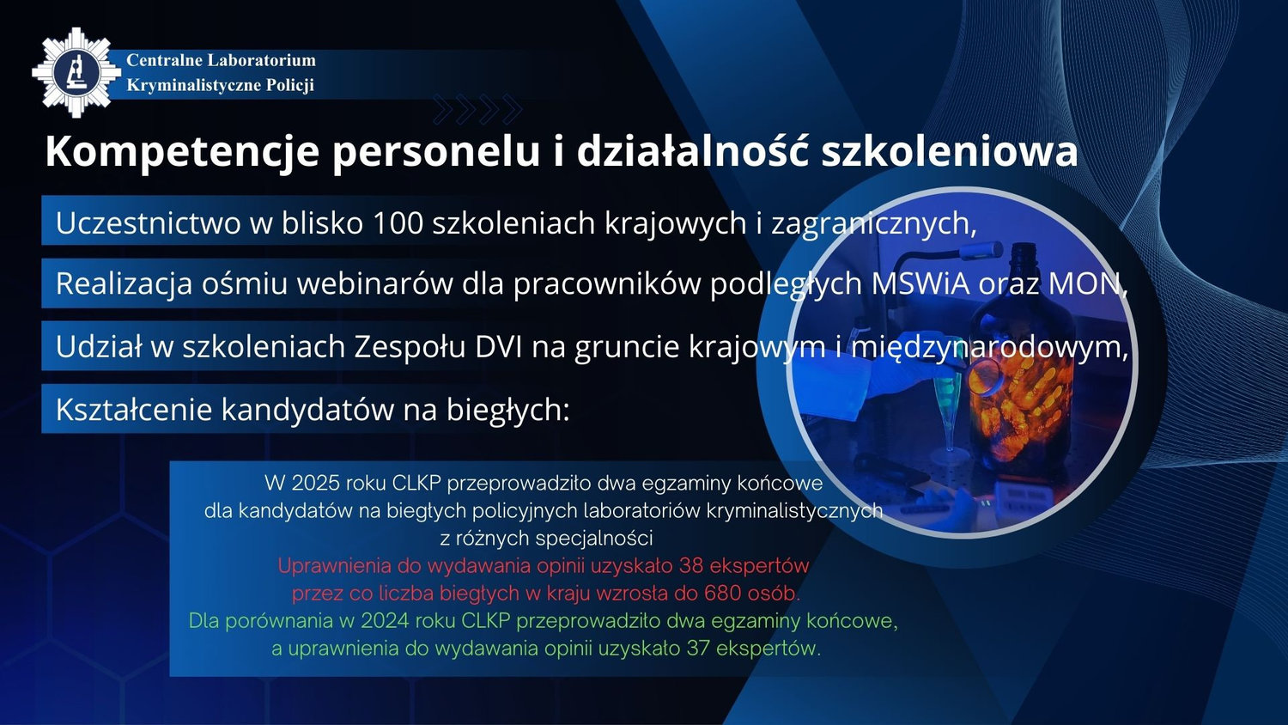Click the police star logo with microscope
coord(76,72)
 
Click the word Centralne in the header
coord(163,60)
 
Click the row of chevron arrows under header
coord(477,109)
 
